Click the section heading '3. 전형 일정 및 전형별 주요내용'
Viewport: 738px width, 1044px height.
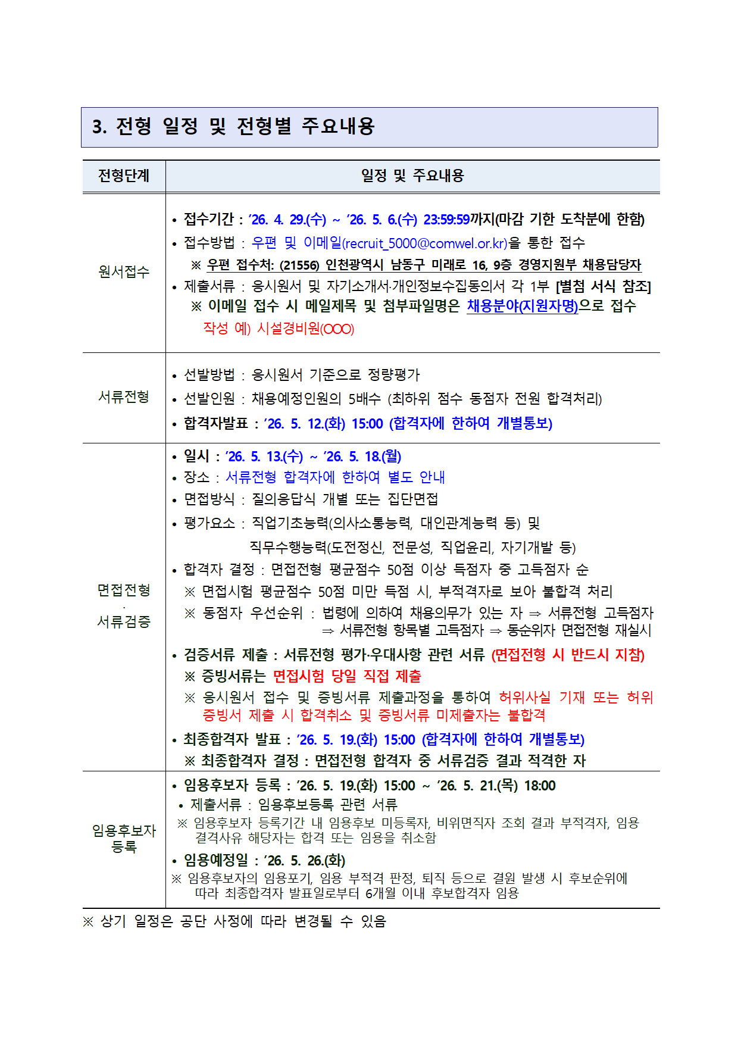click(x=233, y=126)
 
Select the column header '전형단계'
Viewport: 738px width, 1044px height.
click(x=124, y=176)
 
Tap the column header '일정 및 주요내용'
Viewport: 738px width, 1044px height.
click(x=412, y=176)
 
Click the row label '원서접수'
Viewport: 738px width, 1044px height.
click(x=124, y=272)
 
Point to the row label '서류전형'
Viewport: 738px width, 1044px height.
click(x=124, y=397)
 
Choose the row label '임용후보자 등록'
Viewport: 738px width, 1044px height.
click(x=124, y=838)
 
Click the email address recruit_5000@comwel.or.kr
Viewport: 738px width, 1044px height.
click(x=426, y=243)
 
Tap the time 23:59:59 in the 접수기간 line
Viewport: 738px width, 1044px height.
click(x=446, y=220)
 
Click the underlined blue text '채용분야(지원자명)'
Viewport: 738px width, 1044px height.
click(x=522, y=307)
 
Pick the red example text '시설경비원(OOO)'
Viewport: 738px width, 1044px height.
click(x=305, y=329)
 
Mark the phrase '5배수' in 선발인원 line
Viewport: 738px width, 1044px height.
click(x=364, y=399)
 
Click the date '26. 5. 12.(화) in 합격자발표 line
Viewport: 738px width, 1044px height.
click(x=304, y=424)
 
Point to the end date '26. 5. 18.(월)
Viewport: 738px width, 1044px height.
click(x=362, y=457)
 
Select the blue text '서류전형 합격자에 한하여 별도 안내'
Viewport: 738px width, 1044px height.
click(x=335, y=477)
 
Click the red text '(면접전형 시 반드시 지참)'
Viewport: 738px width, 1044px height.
click(x=568, y=655)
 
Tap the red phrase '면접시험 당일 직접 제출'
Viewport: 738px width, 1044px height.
click(x=347, y=676)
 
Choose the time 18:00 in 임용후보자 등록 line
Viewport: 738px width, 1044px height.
click(x=539, y=786)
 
